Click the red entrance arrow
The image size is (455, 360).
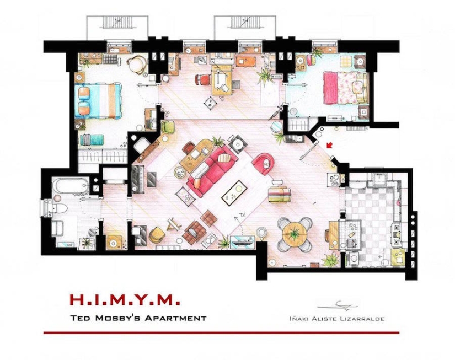tap(330, 146)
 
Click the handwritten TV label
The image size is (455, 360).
tap(241, 216)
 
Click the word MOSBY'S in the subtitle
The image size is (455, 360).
tap(140, 318)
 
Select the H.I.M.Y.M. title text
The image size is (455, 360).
tap(125, 300)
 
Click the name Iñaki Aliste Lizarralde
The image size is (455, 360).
tap(337, 318)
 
